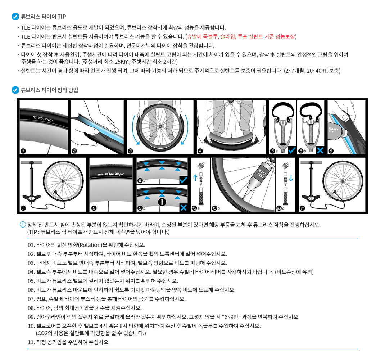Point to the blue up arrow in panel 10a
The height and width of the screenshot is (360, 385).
(x=195, y=177)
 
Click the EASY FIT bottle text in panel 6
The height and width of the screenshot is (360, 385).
(x=333, y=129)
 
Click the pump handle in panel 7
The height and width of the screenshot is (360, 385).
(x=31, y=163)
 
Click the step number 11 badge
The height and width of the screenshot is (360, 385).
(x=302, y=208)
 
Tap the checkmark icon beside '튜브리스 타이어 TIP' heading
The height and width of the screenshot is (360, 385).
(x=15, y=17)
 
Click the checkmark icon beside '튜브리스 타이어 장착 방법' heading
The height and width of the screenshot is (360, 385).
(x=15, y=90)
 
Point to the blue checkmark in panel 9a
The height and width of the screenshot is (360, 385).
(x=184, y=179)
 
